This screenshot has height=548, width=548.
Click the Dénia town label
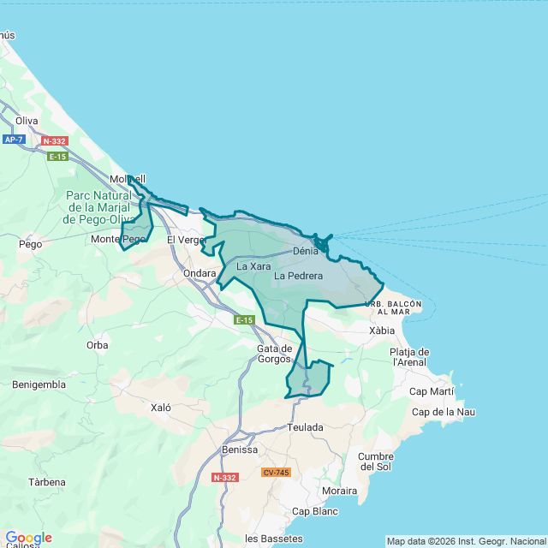305,252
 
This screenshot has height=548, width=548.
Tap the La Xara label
253,266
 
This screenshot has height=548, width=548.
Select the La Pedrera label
299,276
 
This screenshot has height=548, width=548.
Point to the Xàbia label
382,330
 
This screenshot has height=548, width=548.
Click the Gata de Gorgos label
275,354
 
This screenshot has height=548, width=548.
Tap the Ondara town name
200,273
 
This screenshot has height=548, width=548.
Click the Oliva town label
27,121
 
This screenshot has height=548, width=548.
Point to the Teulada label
306,426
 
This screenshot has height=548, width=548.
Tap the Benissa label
239,450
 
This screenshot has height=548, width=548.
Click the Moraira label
339,491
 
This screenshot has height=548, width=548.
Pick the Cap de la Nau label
443,412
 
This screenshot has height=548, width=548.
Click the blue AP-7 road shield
14,139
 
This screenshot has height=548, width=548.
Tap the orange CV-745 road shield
277,473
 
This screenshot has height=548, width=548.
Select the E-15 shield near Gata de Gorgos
245,320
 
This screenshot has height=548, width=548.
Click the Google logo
27,538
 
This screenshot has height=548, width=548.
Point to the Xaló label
161,408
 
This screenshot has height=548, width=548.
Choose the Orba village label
98,345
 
